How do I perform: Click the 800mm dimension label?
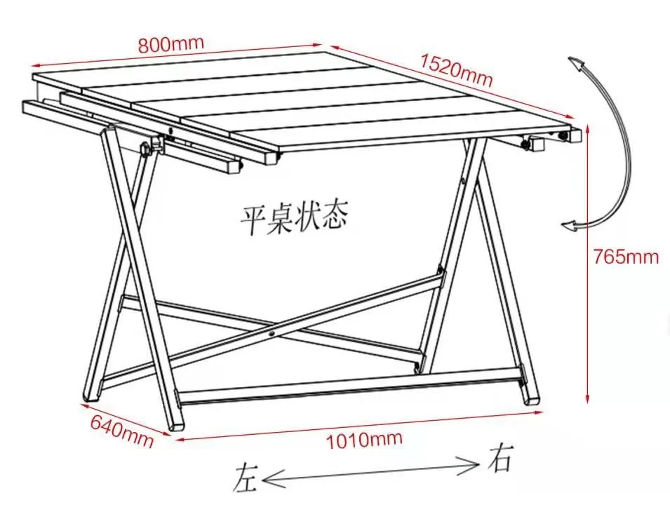click(170, 44)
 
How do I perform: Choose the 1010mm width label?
click(364, 440)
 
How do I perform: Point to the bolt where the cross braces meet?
click(272, 334)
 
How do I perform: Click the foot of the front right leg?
click(532, 398)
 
